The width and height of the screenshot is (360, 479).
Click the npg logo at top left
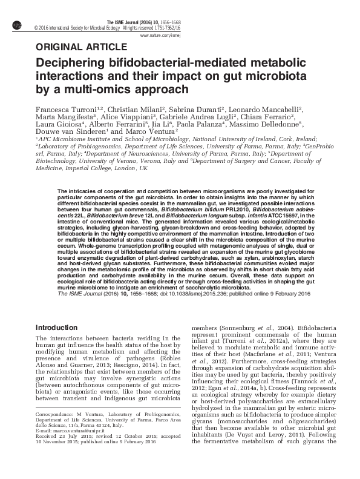(x=16, y=24)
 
